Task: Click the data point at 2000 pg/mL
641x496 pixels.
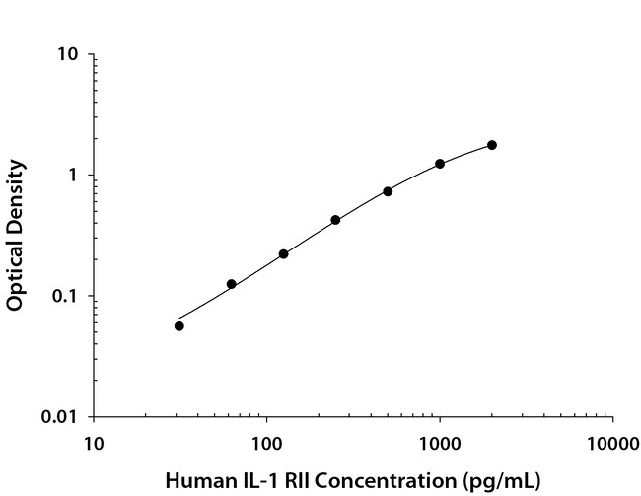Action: click(x=492, y=145)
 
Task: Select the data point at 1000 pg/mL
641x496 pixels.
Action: click(x=440, y=164)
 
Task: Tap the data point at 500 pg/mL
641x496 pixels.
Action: click(x=388, y=191)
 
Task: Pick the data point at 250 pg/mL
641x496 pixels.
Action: click(x=335, y=220)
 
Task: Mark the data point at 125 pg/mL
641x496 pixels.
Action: click(x=283, y=253)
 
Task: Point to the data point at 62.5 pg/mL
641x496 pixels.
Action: click(x=231, y=284)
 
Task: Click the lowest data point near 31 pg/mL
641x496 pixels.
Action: click(x=178, y=325)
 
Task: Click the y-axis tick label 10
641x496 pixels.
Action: click(x=69, y=54)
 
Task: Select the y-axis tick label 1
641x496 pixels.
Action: click(x=74, y=176)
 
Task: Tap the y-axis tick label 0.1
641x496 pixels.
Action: click(x=67, y=296)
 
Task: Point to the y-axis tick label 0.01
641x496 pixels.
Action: click(x=62, y=417)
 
